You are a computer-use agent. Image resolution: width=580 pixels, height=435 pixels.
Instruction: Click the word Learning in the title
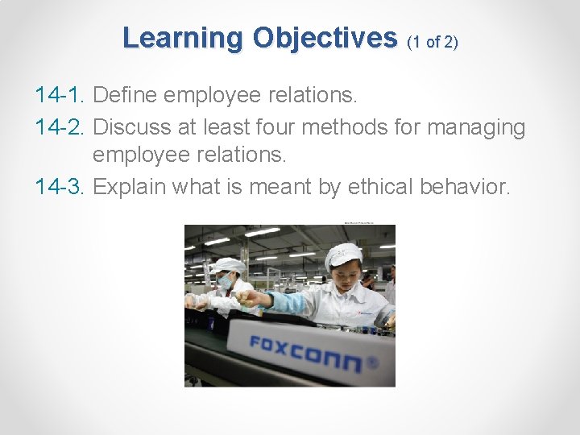click(183, 38)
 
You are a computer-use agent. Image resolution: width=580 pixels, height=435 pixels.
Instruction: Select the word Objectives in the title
click(325, 38)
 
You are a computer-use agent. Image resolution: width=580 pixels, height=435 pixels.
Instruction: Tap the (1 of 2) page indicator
click(433, 42)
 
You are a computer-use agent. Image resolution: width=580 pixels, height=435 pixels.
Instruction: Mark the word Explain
click(130, 188)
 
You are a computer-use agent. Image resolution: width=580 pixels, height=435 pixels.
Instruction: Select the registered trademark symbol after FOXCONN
click(371, 362)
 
